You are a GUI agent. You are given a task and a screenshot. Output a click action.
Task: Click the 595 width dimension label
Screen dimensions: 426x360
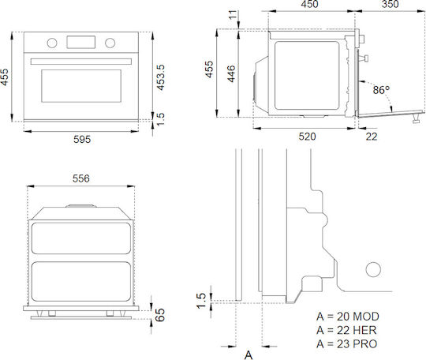[82, 140]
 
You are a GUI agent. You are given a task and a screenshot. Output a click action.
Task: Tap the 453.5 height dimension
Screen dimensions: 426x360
[161, 77]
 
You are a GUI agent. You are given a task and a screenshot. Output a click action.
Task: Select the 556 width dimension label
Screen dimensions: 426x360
[81, 178]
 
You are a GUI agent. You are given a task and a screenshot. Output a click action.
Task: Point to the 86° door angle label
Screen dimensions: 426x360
[381, 90]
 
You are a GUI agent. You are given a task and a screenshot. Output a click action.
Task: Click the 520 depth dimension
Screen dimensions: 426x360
[308, 137]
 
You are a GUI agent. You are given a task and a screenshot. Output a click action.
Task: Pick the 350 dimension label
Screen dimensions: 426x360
[390, 4]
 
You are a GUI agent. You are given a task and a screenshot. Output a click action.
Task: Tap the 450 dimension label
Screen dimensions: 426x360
[309, 4]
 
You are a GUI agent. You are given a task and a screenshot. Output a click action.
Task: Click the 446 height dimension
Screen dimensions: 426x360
[231, 73]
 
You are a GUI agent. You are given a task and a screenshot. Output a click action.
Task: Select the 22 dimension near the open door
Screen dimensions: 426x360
[372, 137]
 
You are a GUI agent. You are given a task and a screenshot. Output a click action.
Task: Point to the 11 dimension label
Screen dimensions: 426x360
[233, 15]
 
